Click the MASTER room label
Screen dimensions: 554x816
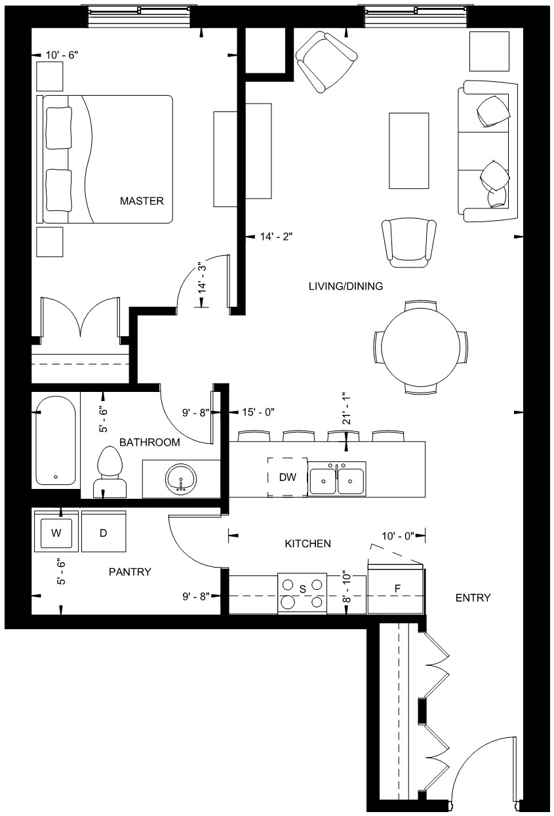[142, 201]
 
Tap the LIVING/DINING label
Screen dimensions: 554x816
[346, 286]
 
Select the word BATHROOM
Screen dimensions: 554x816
[149, 442]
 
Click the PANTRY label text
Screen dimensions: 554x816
[130, 572]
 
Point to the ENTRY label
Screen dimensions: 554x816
[473, 598]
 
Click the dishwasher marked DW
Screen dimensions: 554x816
[288, 477]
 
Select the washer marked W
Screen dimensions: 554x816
[56, 533]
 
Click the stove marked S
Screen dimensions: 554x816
[302, 594]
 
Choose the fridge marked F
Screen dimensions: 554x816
[396, 589]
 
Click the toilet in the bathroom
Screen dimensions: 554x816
[109, 473]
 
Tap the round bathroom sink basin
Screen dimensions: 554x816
[181, 478]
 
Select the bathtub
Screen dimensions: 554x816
[56, 440]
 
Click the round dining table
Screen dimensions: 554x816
[421, 347]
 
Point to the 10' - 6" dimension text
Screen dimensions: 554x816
[62, 55]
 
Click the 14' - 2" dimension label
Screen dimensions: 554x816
[276, 237]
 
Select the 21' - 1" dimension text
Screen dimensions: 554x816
[346, 408]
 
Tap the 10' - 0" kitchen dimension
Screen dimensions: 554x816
[399, 536]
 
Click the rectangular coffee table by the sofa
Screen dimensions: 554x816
[408, 151]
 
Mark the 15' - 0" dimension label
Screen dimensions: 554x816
[258, 412]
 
